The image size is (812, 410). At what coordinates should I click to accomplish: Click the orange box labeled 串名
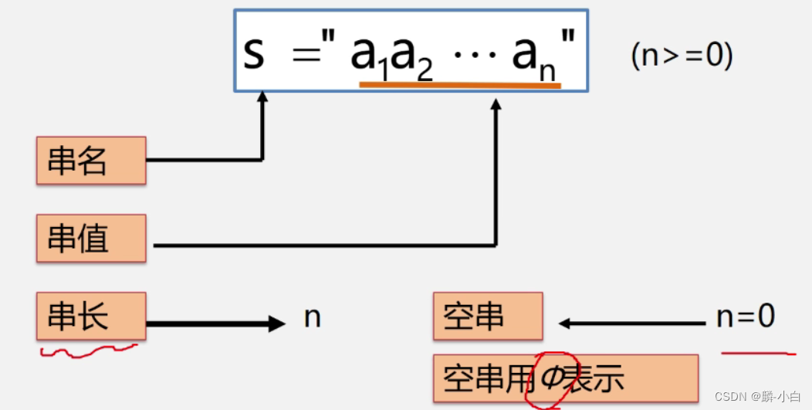coord(91,161)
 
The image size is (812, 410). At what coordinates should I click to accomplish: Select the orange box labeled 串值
coord(91,239)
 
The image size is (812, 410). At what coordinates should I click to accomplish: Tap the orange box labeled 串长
coord(91,317)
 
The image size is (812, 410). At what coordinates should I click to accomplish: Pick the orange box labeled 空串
coord(488,317)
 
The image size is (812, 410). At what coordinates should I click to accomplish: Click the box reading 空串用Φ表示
coord(565,379)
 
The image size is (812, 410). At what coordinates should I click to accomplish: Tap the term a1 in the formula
coord(370,56)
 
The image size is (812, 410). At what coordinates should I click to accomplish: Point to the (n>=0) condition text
coord(682,56)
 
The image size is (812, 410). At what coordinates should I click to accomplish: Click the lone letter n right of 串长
coord(312,317)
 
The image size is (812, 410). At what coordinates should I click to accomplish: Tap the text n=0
coord(746,317)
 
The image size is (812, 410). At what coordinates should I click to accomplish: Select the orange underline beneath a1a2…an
coord(460,84)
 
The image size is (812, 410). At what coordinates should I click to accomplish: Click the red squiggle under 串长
coord(88,351)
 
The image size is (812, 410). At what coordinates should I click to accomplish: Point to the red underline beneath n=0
coord(758,354)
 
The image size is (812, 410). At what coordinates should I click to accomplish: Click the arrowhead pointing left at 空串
coord(567,324)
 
